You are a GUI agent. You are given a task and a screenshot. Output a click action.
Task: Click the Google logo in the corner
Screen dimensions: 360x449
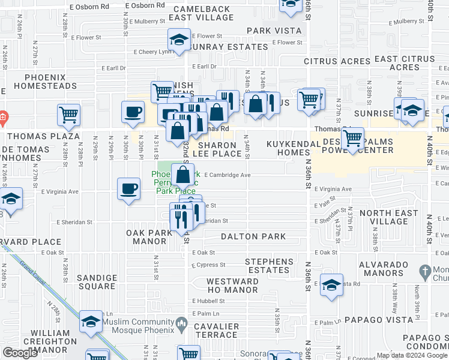[x=21, y=353]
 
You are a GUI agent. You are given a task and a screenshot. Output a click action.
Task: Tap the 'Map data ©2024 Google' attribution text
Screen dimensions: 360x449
[x=412, y=355]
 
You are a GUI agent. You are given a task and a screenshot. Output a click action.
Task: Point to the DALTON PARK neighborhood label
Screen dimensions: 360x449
[x=253, y=237]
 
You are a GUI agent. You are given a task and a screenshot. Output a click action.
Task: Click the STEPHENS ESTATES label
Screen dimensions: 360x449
[x=269, y=266]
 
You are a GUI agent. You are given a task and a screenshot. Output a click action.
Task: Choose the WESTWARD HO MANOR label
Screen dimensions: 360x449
[x=232, y=286]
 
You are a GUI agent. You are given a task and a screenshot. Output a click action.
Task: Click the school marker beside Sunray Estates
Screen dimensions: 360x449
[x=179, y=40]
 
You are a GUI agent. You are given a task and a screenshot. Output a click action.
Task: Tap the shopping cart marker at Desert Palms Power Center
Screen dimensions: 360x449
[x=352, y=138]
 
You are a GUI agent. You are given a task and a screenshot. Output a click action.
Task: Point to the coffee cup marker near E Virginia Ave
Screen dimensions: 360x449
[x=129, y=189]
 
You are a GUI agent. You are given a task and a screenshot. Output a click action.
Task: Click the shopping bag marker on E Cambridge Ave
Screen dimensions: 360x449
[x=183, y=175]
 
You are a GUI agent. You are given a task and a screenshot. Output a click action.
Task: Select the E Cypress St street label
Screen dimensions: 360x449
[x=209, y=265]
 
